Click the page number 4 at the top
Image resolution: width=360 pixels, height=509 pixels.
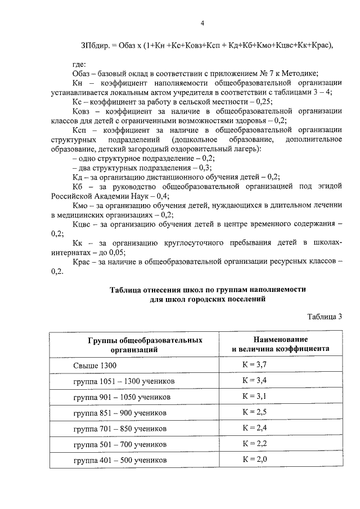pos(202,23)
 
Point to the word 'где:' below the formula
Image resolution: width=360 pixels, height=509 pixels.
pos(79,65)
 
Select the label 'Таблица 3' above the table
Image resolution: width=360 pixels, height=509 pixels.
pos(325,316)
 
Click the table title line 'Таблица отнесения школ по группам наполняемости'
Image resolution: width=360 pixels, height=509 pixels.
pos(208,289)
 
